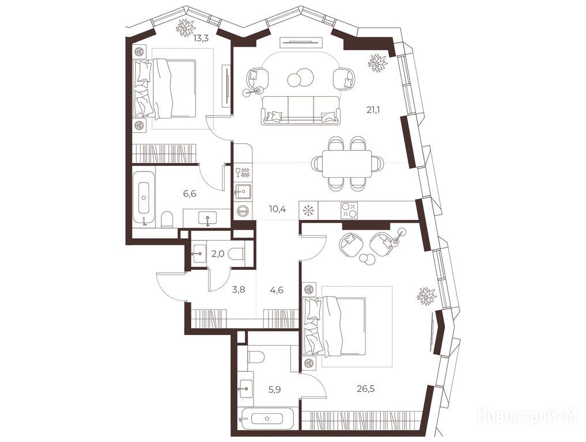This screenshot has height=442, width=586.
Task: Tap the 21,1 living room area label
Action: click(373, 110)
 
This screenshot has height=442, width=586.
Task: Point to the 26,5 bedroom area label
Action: click(365, 388)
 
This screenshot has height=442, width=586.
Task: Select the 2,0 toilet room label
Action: click(218, 254)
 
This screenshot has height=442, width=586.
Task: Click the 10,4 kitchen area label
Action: click(277, 209)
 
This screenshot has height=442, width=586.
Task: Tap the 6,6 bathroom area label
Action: click(190, 193)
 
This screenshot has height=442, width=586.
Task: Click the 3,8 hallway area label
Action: click(239, 289)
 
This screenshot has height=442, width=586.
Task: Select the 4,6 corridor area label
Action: click(276, 289)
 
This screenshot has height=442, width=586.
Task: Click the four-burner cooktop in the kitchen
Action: click(349, 209)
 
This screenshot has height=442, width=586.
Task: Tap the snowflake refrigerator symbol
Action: click(309, 211)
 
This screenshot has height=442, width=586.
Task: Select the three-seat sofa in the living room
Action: click(300, 110)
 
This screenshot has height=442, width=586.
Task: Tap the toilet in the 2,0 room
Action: click(236, 254)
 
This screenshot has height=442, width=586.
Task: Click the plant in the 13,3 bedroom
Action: click(186, 28)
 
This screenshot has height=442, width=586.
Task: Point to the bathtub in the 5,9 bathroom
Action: click(268, 418)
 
